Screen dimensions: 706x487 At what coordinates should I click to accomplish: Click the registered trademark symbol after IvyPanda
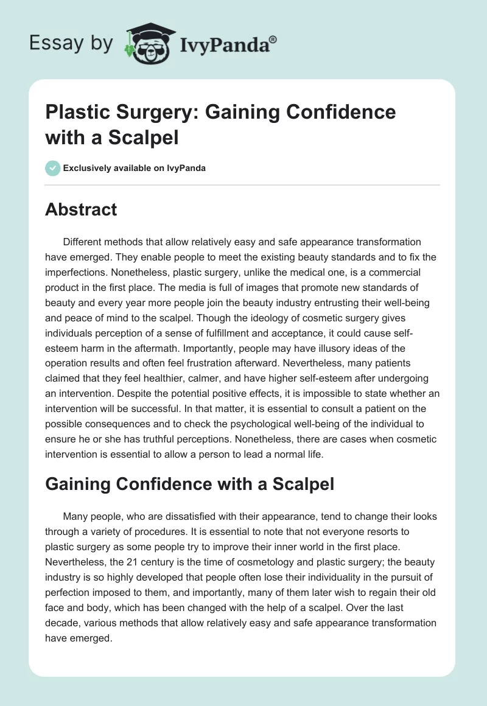[x=273, y=39]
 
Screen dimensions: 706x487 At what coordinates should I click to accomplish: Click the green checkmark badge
[x=53, y=168]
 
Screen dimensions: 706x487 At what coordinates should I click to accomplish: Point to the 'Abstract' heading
[x=81, y=209]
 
